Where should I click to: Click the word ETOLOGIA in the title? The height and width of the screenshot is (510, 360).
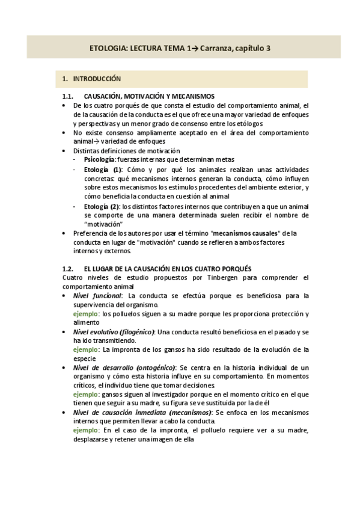pyautogui.click(x=106, y=48)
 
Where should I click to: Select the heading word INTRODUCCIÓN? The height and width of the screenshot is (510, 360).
pyautogui.click(x=97, y=79)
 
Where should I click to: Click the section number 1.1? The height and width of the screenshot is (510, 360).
pyautogui.click(x=68, y=96)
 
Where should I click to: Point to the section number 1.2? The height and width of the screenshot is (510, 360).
pyautogui.click(x=68, y=268)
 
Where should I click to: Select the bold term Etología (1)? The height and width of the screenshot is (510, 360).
pyautogui.click(x=103, y=170)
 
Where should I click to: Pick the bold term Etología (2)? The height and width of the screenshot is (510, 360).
pyautogui.click(x=103, y=206)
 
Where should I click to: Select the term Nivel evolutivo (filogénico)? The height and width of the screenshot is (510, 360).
pyautogui.click(x=114, y=331)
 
